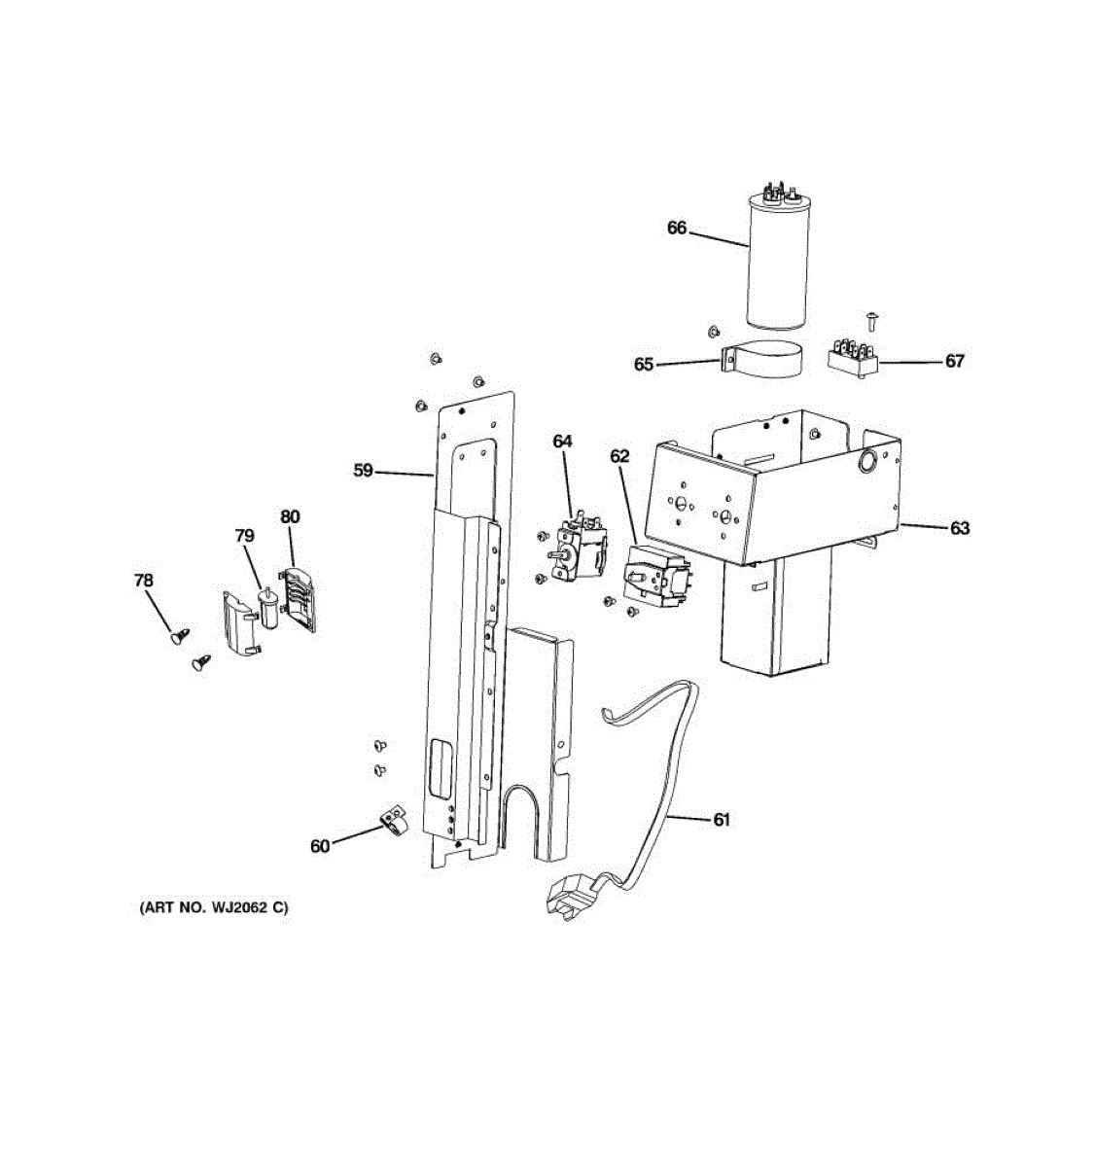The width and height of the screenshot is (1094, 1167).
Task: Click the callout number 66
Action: [677, 229]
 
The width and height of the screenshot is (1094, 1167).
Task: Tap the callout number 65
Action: [644, 365]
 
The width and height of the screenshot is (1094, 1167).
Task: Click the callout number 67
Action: [955, 361]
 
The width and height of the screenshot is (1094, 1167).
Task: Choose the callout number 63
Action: [960, 528]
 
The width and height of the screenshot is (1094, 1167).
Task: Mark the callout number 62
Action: [619, 456]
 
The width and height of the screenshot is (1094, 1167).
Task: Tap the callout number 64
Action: [563, 442]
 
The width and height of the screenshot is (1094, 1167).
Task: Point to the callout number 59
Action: [363, 471]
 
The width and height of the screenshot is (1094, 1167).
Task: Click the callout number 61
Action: [721, 820]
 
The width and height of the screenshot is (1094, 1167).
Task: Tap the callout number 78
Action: [143, 581]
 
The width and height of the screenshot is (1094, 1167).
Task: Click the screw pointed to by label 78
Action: [179, 637]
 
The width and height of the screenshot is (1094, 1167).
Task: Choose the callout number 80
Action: [290, 516]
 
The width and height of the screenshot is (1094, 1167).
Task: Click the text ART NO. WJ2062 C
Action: [214, 908]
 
